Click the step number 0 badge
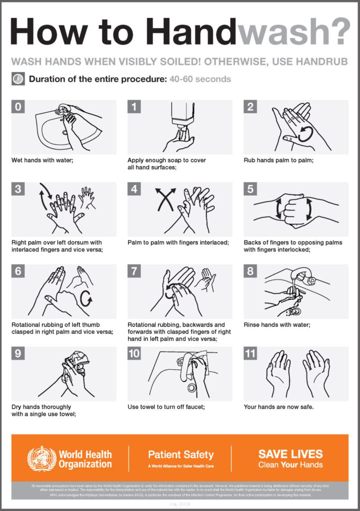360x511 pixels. click(x=18, y=107)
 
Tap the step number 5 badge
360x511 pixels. click(x=250, y=189)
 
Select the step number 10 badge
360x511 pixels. click(x=135, y=354)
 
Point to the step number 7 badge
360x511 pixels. click(x=134, y=271)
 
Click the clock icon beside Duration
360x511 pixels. click(x=17, y=79)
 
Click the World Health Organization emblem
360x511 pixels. click(x=41, y=459)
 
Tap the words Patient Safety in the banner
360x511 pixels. click(x=180, y=455)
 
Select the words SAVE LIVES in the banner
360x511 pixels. click(x=290, y=454)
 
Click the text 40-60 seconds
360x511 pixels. click(x=200, y=79)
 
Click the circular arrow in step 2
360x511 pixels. click(x=305, y=134)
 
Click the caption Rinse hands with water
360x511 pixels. click(x=277, y=325)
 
